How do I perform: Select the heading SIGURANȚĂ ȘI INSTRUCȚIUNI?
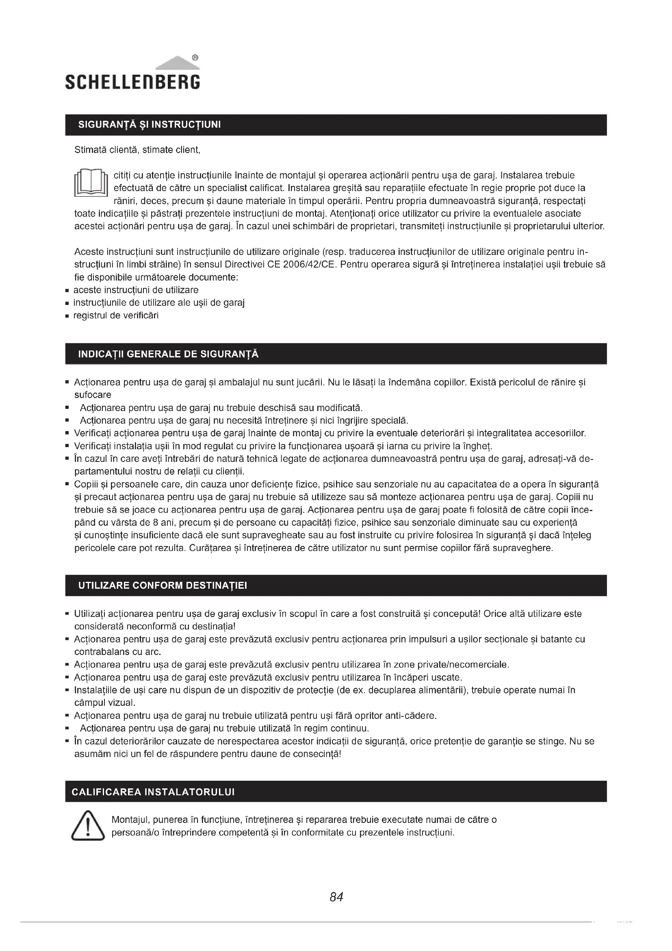150,125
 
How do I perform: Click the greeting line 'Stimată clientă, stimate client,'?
137,150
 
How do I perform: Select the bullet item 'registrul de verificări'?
116,316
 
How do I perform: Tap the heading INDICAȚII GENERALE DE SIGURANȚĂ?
169,354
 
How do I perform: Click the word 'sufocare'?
93,395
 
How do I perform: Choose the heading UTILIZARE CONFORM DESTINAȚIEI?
163,585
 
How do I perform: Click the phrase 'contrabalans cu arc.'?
117,651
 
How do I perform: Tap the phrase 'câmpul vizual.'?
105,703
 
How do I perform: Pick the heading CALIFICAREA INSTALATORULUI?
153,792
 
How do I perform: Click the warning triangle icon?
87,826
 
